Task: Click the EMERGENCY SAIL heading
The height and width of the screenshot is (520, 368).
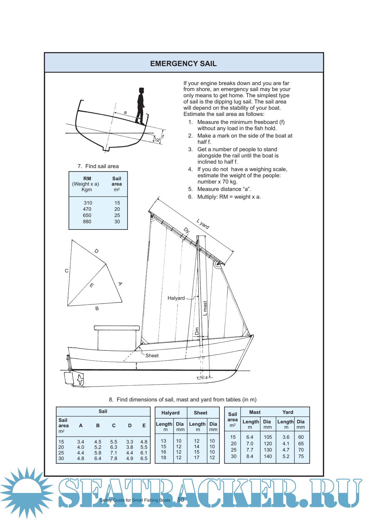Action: click(183, 63)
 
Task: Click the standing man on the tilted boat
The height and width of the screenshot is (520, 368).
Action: click(140, 106)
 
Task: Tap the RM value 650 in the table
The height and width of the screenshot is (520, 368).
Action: click(87, 215)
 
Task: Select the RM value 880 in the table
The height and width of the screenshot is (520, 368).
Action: click(87, 221)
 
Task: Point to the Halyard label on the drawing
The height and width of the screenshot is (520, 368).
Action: click(176, 298)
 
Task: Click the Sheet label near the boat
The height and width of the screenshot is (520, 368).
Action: click(152, 355)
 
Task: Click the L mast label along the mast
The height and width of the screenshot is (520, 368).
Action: click(205, 308)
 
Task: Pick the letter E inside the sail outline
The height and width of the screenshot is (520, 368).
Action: click(92, 285)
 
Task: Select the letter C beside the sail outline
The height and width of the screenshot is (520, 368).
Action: click(66, 271)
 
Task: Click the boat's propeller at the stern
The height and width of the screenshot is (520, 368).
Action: click(80, 379)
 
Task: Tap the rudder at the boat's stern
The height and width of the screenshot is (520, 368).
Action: click(69, 378)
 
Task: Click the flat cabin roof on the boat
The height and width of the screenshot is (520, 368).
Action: click(117, 328)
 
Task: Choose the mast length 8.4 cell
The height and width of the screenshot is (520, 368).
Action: click(250, 456)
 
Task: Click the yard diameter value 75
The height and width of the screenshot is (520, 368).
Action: click(301, 456)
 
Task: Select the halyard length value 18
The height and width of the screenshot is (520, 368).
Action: click(164, 457)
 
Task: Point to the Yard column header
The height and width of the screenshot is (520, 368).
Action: click(288, 412)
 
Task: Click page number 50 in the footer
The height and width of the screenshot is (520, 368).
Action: click(180, 500)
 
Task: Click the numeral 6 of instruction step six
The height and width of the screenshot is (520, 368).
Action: click(190, 197)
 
